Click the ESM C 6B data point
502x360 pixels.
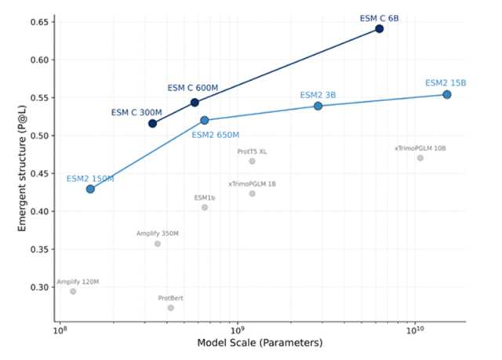coord(380,29)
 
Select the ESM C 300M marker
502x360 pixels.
coord(153,123)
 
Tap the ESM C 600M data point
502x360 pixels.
coord(195,103)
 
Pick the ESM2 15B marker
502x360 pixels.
coord(447,94)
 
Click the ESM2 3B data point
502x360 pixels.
coord(318,106)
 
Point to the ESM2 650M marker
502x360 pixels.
coord(205,120)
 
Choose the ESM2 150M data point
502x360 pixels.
coord(90,189)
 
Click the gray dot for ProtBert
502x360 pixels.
coord(171,307)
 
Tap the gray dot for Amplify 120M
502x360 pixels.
coord(73,292)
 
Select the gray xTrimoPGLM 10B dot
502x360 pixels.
coord(420,158)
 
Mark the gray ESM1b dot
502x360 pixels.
coord(205,208)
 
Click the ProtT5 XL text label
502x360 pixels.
coord(252,151)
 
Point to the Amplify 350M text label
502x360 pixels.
coord(158,234)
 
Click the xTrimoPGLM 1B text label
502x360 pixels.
coord(252,184)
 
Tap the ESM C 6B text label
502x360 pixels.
coord(380,19)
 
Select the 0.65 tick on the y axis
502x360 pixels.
coord(39,22)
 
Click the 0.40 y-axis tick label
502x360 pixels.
coord(39,212)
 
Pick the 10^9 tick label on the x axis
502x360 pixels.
coord(237,329)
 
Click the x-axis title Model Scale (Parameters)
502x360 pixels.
coord(260,343)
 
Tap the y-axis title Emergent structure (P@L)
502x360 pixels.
coord(22,169)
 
